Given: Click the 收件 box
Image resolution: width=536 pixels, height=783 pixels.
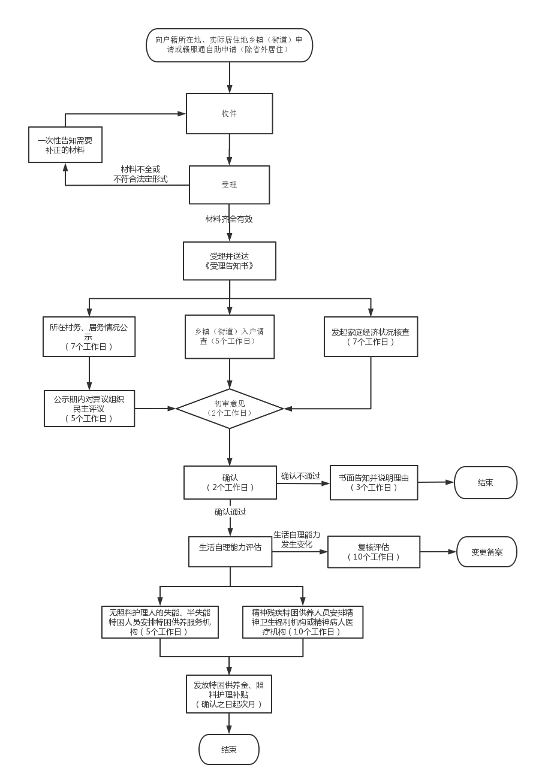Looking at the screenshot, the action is point(229,113).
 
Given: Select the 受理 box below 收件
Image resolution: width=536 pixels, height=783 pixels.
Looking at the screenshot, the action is point(229,185).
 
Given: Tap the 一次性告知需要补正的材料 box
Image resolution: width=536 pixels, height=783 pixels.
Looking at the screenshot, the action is point(65,145).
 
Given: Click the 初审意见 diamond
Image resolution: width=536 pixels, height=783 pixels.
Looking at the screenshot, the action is point(230,409).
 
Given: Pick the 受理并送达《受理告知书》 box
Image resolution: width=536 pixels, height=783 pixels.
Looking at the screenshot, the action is point(229,261).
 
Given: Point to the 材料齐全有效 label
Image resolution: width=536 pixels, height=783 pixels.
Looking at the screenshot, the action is point(229,219).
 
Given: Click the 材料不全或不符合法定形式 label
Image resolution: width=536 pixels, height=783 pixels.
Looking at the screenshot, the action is point(141,174).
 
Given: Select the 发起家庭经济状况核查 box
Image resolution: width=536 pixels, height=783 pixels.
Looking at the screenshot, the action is point(371,337).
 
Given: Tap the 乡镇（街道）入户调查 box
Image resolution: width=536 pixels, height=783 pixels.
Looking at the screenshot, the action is point(230,337).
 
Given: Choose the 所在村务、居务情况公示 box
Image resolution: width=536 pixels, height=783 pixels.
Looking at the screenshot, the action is point(89,337).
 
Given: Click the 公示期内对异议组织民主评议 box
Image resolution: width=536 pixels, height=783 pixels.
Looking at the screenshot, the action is point(89,409).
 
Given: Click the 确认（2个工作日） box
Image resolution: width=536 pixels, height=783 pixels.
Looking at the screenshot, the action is point(230,482).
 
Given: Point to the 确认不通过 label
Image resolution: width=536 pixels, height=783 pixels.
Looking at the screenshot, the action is point(301,476).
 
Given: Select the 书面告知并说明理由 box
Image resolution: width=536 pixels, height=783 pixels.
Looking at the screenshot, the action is point(374,482).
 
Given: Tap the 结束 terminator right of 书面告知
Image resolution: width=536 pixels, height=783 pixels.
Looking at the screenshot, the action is point(485,482).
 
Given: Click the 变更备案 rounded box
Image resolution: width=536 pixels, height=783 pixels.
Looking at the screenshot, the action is point(487,552).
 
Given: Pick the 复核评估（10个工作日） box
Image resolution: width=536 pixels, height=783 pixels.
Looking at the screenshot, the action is point(374,552).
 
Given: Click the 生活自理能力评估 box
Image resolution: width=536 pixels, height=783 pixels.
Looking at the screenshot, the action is point(230,552).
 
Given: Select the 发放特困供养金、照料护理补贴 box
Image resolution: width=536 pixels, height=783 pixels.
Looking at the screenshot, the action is point(229,694).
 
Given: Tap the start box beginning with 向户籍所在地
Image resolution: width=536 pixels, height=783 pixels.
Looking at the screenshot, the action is point(229,45).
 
